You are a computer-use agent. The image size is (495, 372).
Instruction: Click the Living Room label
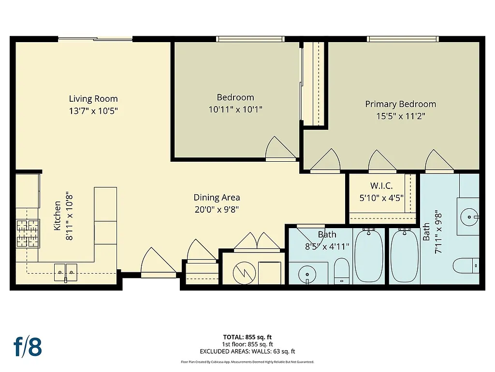[93, 99]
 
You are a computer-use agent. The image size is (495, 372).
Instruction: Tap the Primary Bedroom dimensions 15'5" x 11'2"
[400, 116]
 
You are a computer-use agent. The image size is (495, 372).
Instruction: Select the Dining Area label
[217, 197]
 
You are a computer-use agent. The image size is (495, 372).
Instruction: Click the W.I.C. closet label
[381, 186]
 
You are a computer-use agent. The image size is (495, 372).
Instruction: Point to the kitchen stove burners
[28, 232]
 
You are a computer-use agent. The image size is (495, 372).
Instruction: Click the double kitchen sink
[65, 272]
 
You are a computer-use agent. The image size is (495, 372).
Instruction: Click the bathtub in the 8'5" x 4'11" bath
[369, 256]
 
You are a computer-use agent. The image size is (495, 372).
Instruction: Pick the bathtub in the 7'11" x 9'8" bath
[404, 256]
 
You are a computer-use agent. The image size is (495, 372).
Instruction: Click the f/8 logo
[28, 346]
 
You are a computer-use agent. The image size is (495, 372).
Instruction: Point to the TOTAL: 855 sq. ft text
[247, 337]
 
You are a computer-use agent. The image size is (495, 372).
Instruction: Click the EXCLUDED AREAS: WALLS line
[247, 352]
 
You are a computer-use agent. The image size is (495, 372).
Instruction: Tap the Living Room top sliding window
[95, 39]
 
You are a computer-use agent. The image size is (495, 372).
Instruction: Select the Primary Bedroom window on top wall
[402, 39]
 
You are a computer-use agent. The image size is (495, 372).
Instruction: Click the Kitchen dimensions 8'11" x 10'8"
[68, 214]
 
